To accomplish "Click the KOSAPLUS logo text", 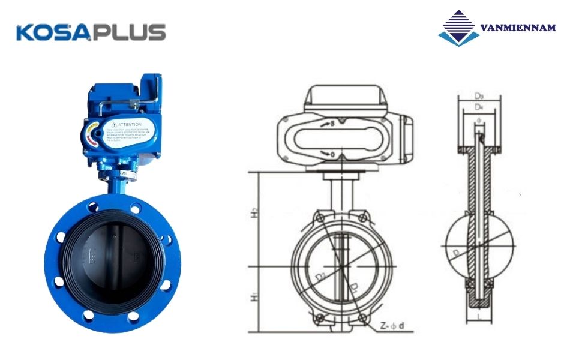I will (x=91, y=32).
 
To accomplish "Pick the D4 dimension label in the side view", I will (x=479, y=107).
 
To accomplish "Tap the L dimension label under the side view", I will (x=479, y=314).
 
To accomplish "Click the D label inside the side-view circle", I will (x=458, y=254).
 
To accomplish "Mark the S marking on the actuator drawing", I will (x=328, y=125).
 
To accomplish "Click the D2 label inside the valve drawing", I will (x=322, y=275).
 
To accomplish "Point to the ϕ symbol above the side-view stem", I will (x=479, y=121).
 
